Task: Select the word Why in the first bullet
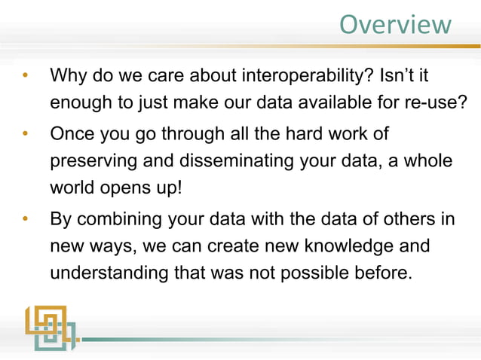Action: [68, 77]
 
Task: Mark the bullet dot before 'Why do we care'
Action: [25, 77]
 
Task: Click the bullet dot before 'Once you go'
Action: [25, 136]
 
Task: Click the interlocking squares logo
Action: [49, 327]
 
